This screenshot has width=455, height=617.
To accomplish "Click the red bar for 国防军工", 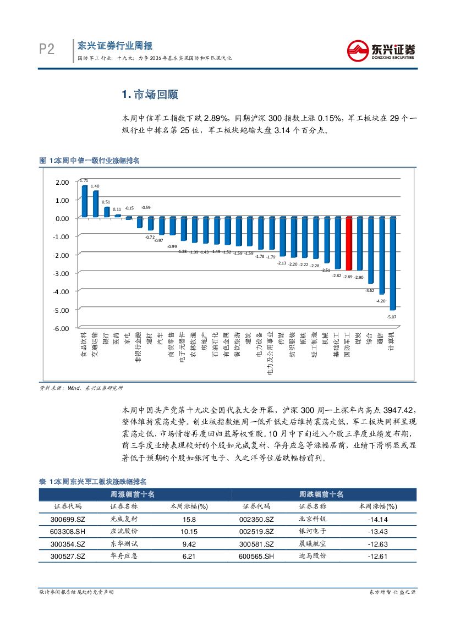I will click(x=348, y=244).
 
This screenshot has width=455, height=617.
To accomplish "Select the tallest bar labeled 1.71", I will click(x=84, y=201).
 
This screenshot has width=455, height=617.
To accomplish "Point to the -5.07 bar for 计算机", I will click(x=392, y=263).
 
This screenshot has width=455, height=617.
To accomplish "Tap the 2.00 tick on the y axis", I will click(x=62, y=182).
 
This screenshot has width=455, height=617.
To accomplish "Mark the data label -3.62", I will click(x=370, y=290).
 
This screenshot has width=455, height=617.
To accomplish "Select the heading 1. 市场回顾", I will click(x=150, y=95).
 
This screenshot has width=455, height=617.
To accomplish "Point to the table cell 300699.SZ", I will click(x=68, y=519).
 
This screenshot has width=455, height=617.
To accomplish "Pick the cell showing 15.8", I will click(x=188, y=519).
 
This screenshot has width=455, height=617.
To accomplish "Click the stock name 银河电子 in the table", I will click(x=312, y=531).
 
